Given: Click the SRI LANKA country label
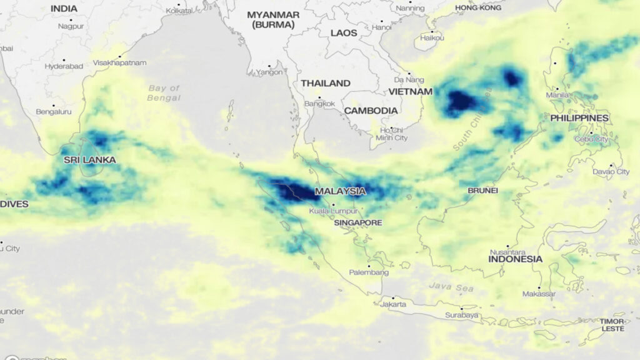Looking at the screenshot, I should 90,160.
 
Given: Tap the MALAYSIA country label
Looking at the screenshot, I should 341,191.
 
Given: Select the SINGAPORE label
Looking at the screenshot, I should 357,222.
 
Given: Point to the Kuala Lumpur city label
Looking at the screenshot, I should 332,211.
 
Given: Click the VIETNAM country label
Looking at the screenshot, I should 411,92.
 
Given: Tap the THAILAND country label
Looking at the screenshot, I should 326,83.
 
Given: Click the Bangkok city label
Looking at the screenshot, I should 320,103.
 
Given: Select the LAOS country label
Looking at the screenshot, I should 344,32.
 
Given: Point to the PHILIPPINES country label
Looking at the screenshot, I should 579,118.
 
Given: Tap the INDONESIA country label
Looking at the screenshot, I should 515,259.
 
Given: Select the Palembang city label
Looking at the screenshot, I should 369,272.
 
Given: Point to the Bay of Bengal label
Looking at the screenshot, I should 164,93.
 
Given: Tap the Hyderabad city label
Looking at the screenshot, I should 60,66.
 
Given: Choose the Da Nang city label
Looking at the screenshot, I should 409,80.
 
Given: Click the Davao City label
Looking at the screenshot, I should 611,171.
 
